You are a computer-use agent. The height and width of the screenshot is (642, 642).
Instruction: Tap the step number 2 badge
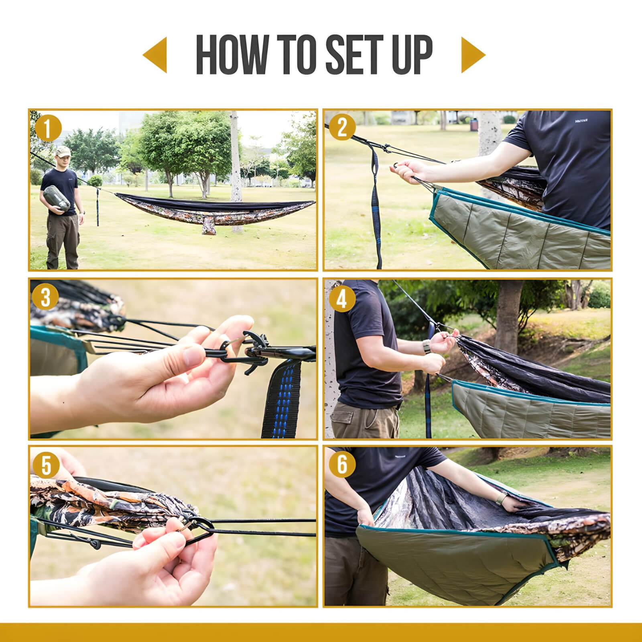pyautogui.click(x=342, y=128)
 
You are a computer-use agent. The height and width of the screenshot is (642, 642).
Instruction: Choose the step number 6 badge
pyautogui.click(x=342, y=465)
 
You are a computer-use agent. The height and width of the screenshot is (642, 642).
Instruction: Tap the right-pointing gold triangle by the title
pyautogui.click(x=473, y=55)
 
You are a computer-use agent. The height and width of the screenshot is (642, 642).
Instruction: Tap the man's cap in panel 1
pyautogui.click(x=63, y=151)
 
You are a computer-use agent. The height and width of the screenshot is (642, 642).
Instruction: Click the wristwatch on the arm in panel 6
pyautogui.click(x=501, y=499)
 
